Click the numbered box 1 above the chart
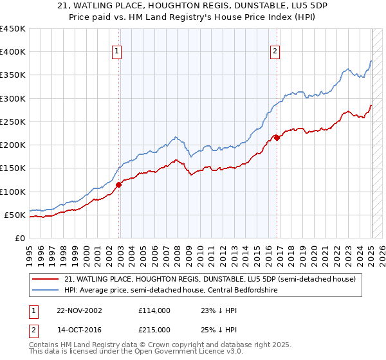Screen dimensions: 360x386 [118, 52]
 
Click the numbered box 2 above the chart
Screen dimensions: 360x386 [275, 52]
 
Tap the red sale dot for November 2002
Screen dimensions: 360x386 [119, 185]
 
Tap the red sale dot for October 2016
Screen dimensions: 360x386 [277, 138]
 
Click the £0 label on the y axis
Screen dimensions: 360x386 [19, 238]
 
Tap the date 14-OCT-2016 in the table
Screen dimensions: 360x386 [78, 330]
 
